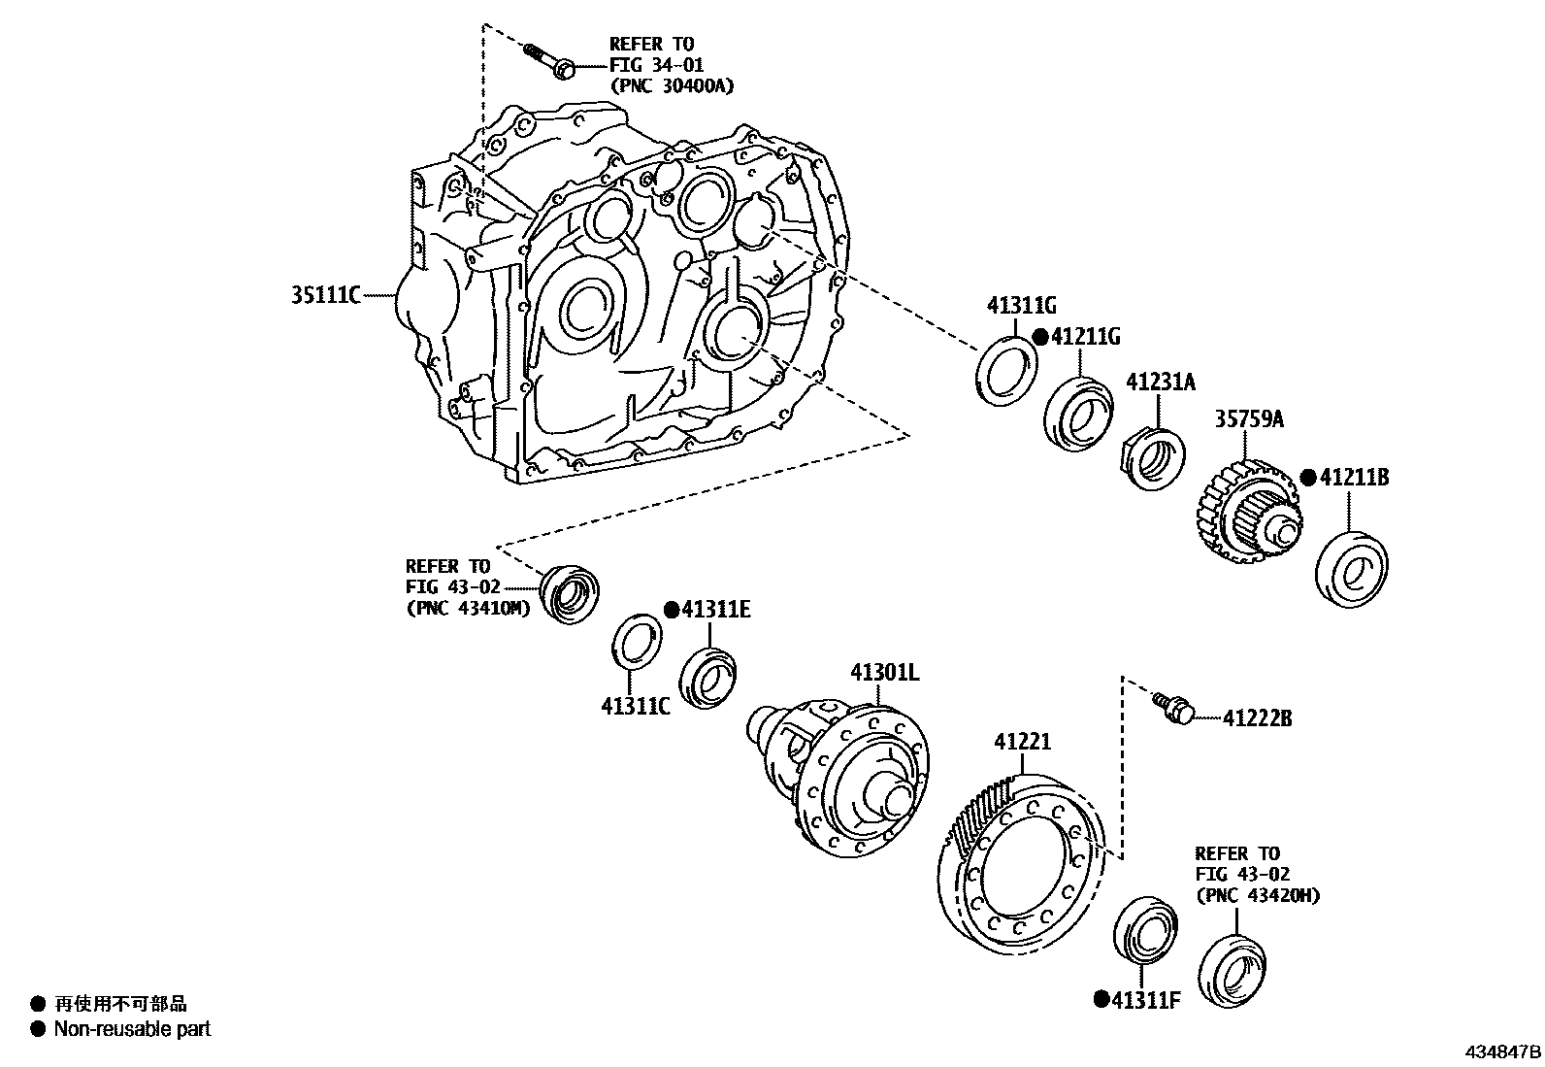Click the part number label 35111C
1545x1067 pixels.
pyautogui.click(x=325, y=293)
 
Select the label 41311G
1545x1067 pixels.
pyautogui.click(x=1021, y=306)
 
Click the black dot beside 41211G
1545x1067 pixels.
pyautogui.click(x=1039, y=337)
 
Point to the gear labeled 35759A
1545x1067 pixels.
pyautogui.click(x=1244, y=512)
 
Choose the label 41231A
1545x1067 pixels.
pyautogui.click(x=1161, y=382)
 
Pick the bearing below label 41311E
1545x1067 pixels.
pyautogui.click(x=707, y=674)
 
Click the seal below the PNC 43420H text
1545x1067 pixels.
pyautogui.click(x=1233, y=970)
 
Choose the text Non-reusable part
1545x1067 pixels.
pyautogui.click(x=132, y=1029)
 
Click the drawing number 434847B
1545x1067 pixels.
pyautogui.click(x=1502, y=1052)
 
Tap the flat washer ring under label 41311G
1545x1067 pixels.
pyautogui.click(x=1005, y=369)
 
